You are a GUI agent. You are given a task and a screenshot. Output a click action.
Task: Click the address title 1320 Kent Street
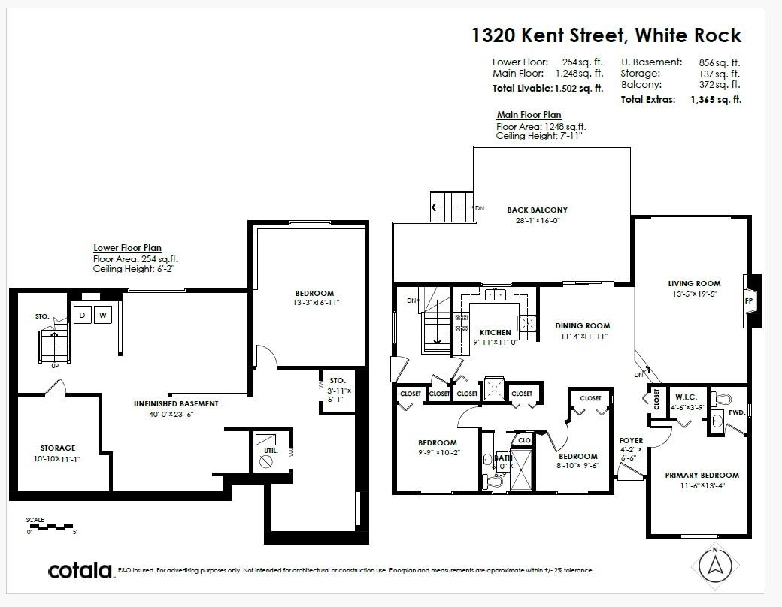coord(606,35)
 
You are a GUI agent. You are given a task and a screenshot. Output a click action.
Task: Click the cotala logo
coord(80,571)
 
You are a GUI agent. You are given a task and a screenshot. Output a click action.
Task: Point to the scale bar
coord(51,525)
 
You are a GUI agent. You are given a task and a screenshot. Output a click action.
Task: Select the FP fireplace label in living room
coord(749,300)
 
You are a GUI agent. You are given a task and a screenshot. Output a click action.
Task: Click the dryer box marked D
coord(82,315)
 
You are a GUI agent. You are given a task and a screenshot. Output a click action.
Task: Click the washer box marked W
coord(103,315)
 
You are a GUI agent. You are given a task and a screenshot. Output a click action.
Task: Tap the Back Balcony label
coord(537,210)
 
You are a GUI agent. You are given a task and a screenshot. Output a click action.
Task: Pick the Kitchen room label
coord(495,332)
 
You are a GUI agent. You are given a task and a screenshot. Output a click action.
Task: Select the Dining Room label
coord(583,325)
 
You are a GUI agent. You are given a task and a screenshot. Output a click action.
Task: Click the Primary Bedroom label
coord(702,475)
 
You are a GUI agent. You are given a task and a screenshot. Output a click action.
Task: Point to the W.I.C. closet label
coord(687,397)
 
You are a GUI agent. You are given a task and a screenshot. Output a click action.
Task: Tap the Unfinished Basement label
coord(177,404)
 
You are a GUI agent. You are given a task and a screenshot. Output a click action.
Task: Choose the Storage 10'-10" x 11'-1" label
coord(58,453)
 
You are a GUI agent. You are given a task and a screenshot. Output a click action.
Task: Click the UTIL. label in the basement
coord(271,451)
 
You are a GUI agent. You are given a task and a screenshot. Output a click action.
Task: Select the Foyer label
coord(631,440)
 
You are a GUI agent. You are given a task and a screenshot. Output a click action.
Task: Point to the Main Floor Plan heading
coord(529,115)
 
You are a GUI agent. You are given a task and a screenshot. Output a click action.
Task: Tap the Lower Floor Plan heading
coord(127,248)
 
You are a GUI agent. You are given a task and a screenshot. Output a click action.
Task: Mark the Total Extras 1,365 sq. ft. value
coord(715,99)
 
